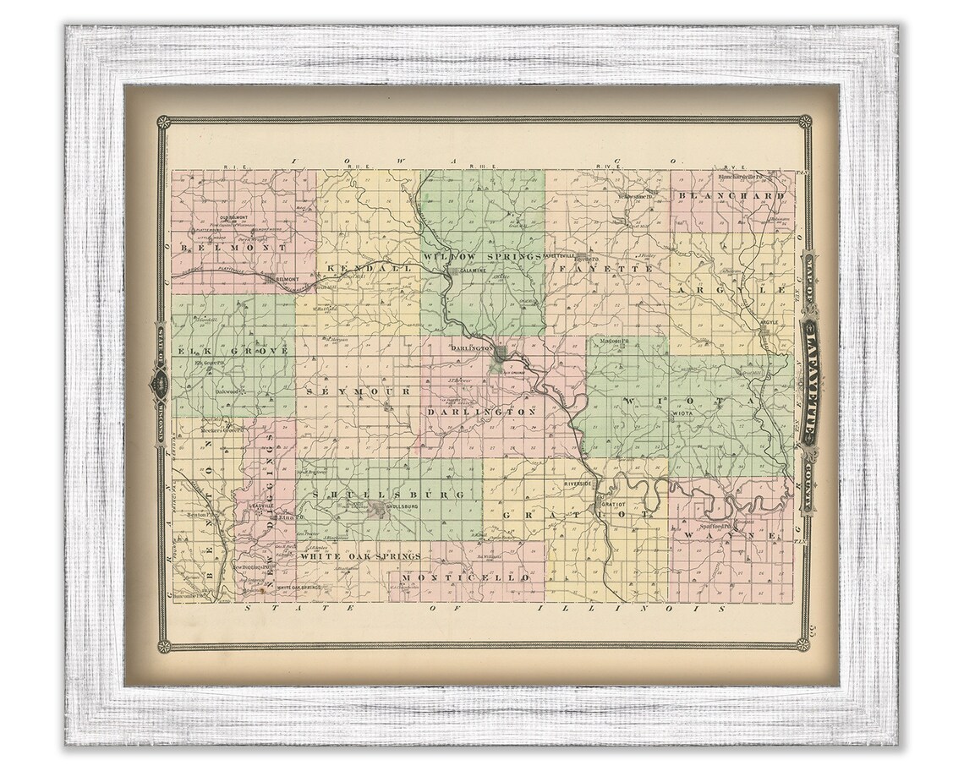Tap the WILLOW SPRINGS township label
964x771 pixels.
click(481, 255)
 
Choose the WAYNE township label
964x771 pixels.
click(730, 536)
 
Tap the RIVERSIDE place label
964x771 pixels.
click(581, 484)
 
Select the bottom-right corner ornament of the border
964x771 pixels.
click(802, 646)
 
